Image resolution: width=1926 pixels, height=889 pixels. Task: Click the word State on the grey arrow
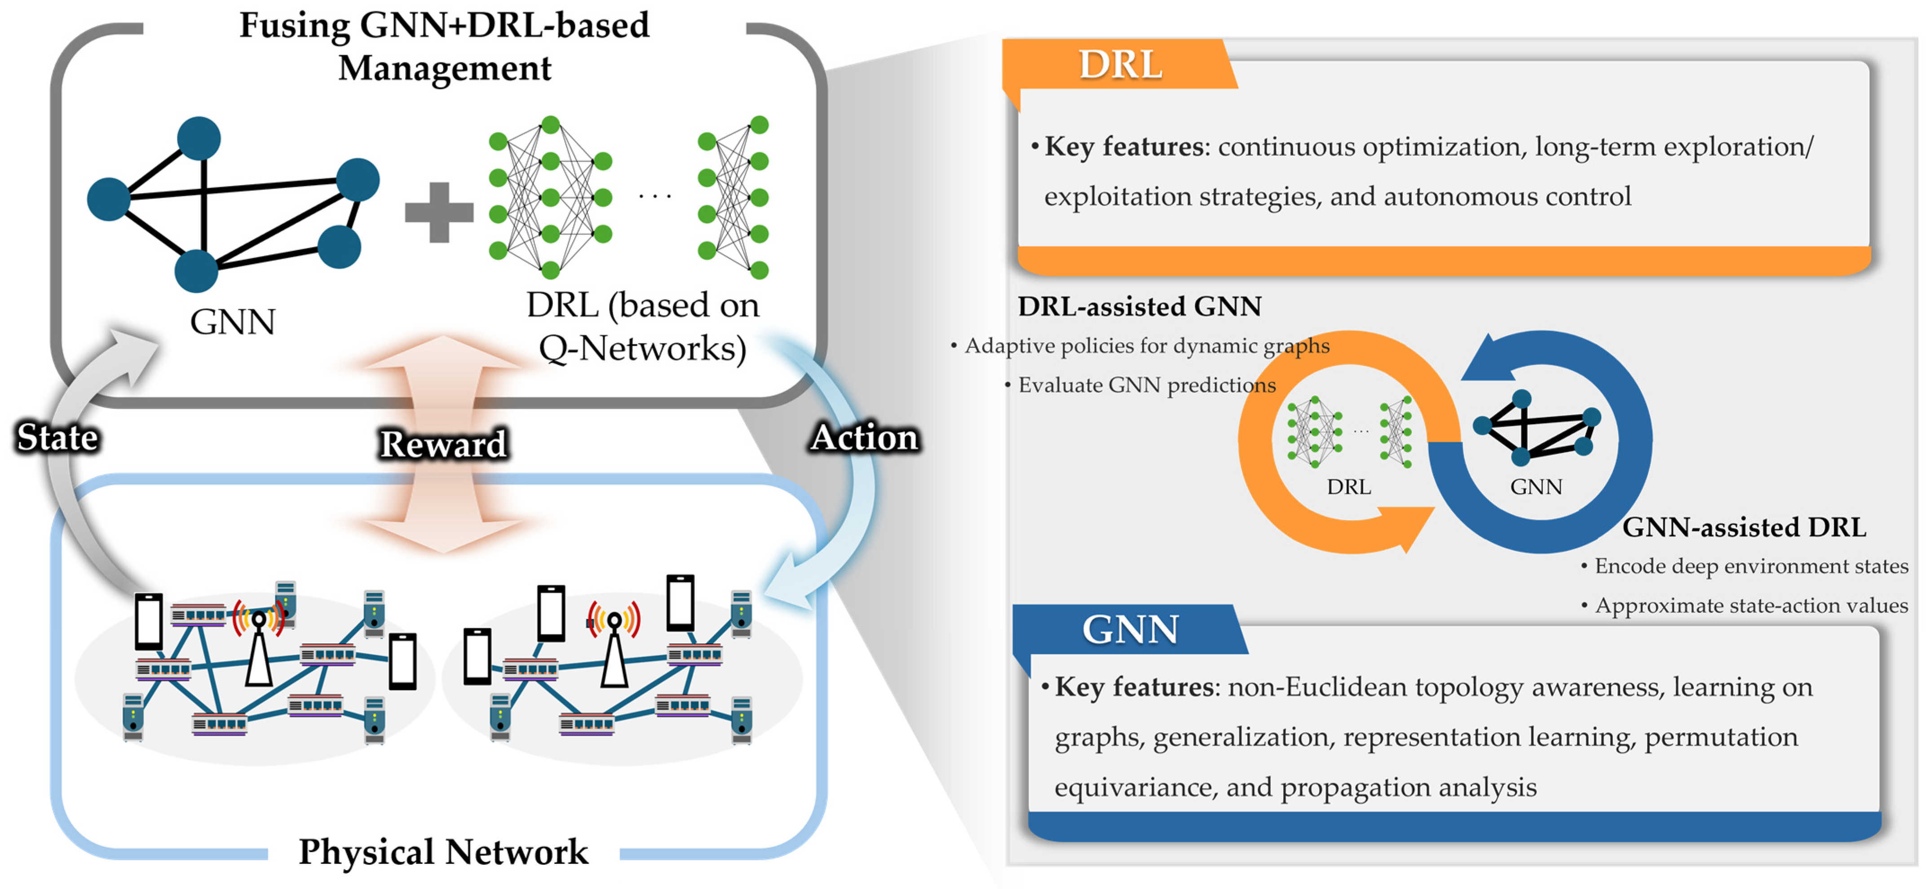(57, 438)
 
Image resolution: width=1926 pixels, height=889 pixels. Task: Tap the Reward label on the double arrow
(443, 444)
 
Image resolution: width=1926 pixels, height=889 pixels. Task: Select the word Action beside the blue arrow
(865, 438)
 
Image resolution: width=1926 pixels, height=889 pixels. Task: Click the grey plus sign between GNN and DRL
(439, 212)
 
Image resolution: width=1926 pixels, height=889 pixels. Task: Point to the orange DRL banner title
(1120, 64)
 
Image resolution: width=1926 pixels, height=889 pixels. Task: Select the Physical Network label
(443, 852)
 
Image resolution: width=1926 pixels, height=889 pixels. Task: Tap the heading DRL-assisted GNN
(1140, 306)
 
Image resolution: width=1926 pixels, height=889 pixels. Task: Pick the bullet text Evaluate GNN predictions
(1147, 385)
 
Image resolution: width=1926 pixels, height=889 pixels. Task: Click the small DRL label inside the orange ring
(1349, 487)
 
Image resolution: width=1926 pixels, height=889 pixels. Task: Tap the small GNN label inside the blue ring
(1537, 487)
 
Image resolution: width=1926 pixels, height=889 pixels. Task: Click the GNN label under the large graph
(233, 322)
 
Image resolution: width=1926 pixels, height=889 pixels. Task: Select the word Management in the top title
(445, 68)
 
